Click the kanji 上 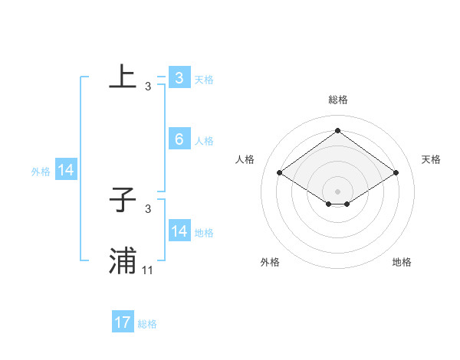(x=123, y=77)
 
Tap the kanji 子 (x=123, y=200)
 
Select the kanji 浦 (x=123, y=261)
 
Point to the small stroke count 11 (x=148, y=270)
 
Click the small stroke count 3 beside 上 (x=148, y=87)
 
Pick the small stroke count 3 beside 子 (x=148, y=209)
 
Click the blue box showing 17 (x=123, y=322)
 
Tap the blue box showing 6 (x=179, y=139)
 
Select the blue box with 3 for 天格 (x=179, y=77)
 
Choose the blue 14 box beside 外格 (x=66, y=171)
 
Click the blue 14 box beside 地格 (x=179, y=231)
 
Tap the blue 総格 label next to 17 (x=147, y=324)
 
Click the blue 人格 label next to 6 (x=204, y=141)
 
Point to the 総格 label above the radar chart (x=337, y=100)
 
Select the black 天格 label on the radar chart (x=432, y=159)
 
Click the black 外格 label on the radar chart (x=270, y=263)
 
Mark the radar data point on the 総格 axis (x=337, y=131)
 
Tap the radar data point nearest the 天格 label (x=396, y=173)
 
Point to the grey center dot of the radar (x=337, y=191)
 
